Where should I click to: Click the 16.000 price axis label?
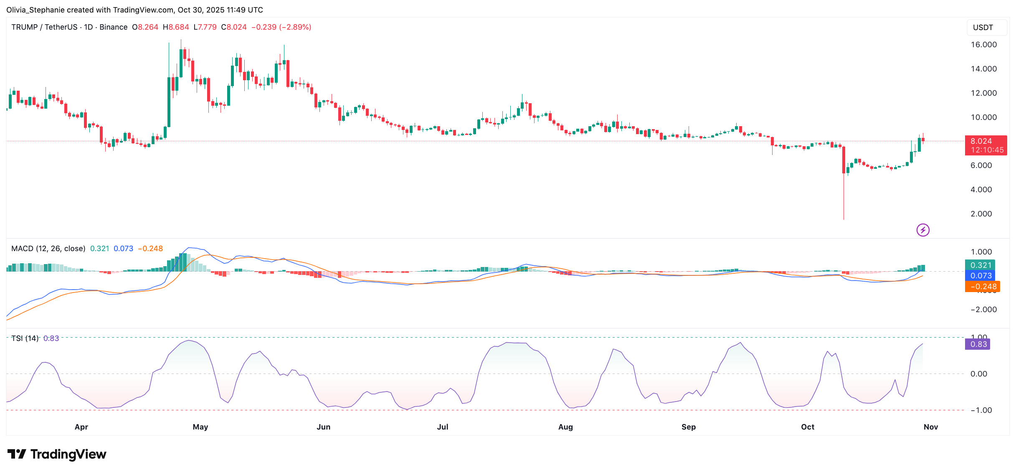(983, 45)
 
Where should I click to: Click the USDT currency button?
(983, 28)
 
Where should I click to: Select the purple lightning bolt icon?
(923, 230)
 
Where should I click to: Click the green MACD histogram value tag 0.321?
(981, 265)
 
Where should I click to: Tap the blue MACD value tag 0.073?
(981, 276)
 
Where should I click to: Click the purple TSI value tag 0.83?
(978, 344)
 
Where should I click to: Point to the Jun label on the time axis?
(323, 427)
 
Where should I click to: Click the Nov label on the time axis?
(930, 427)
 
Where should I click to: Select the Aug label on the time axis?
(565, 427)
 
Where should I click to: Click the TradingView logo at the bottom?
(57, 454)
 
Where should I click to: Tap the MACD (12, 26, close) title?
(48, 249)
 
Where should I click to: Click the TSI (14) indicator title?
(25, 338)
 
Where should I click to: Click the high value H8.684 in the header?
(176, 27)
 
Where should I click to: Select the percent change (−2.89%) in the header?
(295, 27)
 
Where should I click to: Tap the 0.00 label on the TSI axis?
(979, 374)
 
